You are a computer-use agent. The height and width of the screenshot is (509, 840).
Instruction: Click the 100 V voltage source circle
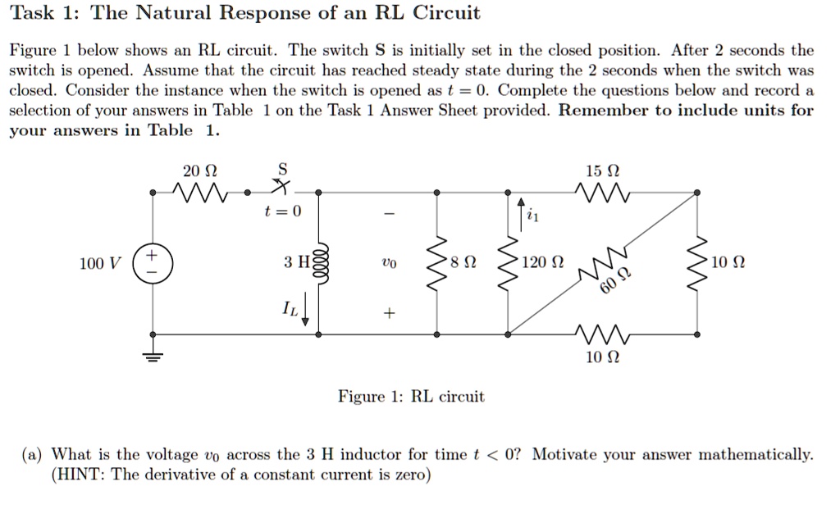153,263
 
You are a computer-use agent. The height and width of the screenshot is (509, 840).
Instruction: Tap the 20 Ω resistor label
200,171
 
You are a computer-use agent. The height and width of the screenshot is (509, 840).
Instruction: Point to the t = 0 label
283,211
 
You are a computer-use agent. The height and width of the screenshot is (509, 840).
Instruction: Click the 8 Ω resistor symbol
440,262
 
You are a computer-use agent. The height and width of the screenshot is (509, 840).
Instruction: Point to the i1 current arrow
520,214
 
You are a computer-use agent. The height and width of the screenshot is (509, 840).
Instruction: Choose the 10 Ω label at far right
726,263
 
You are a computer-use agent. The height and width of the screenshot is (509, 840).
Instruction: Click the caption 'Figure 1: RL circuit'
411,397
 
